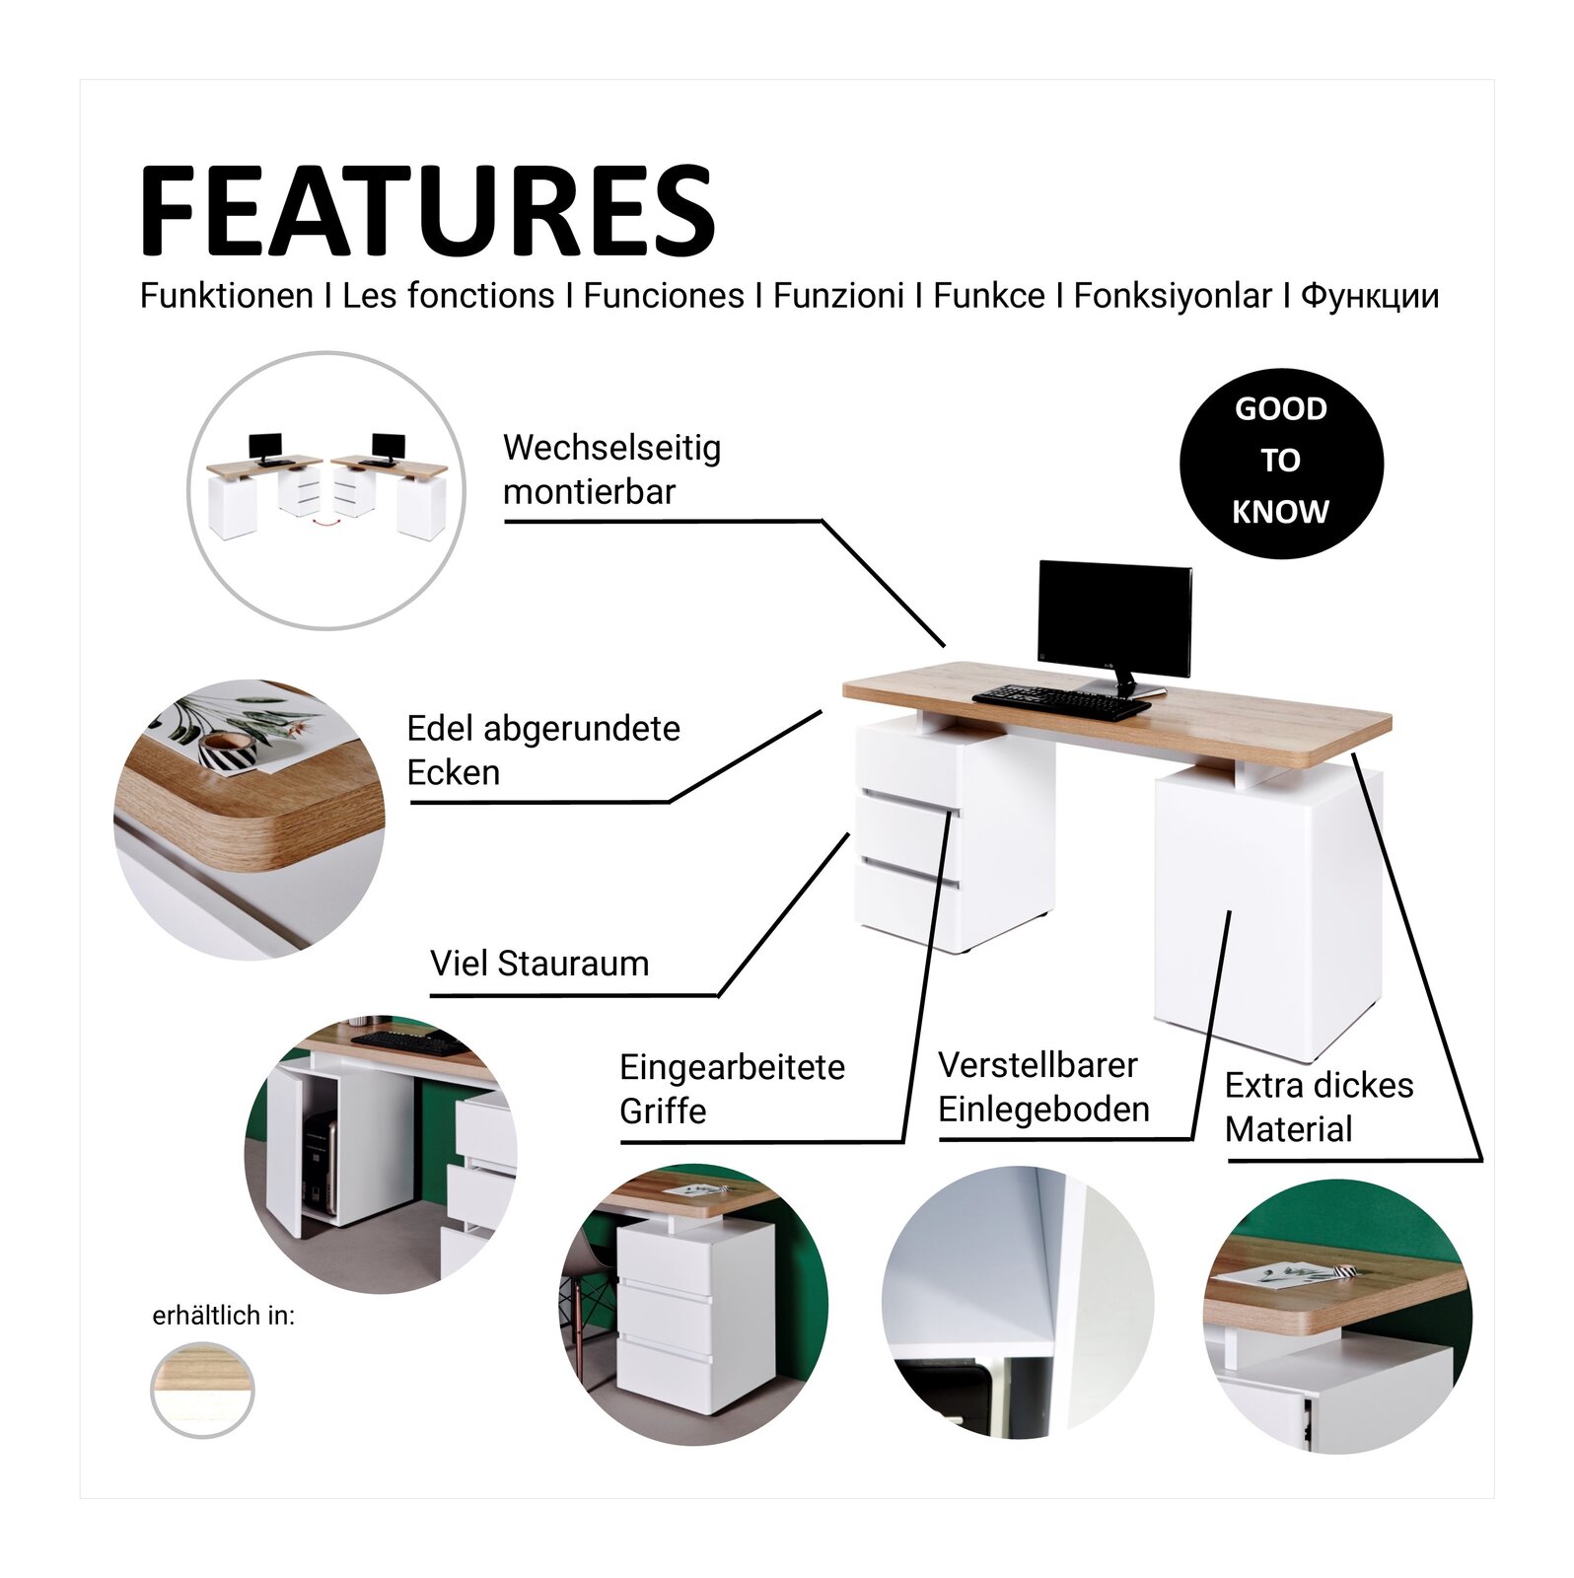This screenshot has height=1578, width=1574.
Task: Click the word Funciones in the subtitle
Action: click(664, 296)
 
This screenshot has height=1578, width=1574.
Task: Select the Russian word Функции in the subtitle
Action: click(1370, 297)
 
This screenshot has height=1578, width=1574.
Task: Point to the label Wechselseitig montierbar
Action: click(611, 468)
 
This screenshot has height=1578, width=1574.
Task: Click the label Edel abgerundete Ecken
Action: click(543, 750)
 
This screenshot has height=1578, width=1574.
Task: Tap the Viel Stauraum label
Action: click(539, 963)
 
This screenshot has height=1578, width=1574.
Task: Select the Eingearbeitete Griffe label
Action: click(732, 1089)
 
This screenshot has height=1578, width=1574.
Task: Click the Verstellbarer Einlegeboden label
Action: click(1043, 1087)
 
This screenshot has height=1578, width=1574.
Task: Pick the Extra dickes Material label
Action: click(1319, 1107)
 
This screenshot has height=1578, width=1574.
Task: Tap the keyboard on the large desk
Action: click(1061, 699)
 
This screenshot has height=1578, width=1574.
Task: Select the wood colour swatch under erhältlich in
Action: click(202, 1391)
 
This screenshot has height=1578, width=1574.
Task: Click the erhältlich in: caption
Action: click(224, 1316)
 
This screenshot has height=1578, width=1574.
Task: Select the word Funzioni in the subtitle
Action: click(838, 296)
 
